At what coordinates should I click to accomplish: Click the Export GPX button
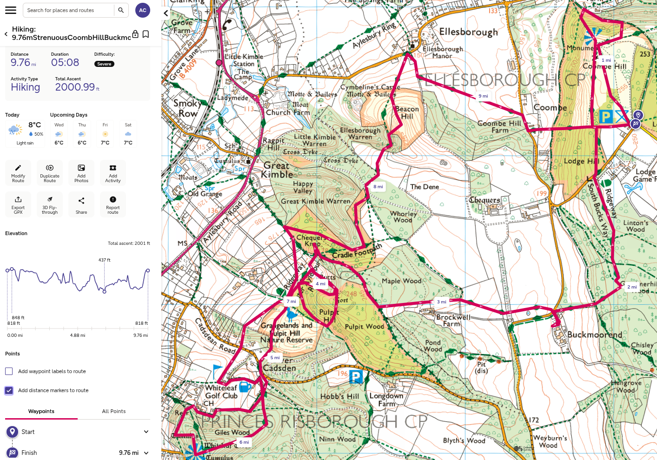[x=18, y=204]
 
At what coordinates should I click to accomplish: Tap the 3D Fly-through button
[x=50, y=204]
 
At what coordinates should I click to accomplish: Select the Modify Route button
[x=18, y=173]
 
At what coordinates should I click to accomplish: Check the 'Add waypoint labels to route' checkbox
[x=9, y=371]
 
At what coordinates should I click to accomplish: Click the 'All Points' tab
[x=114, y=411]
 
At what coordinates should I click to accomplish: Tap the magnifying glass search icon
[x=121, y=10]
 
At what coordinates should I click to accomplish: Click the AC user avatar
[x=143, y=10]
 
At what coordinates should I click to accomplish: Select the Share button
[x=81, y=204]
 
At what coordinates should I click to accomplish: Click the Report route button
[x=113, y=204]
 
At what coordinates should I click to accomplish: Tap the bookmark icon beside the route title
[x=146, y=34]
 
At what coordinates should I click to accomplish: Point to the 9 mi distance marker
[x=483, y=96]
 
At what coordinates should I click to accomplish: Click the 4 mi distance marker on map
[x=320, y=284]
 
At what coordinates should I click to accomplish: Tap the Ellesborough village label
[x=468, y=32]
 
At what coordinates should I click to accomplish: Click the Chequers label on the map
[x=484, y=200]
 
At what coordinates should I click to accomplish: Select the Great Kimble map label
[x=277, y=170]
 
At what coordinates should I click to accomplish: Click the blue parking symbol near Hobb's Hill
[x=356, y=376]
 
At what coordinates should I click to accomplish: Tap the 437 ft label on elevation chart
[x=105, y=260]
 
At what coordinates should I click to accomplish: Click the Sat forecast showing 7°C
[x=128, y=134]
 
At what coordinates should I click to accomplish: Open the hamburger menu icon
[x=10, y=10]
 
